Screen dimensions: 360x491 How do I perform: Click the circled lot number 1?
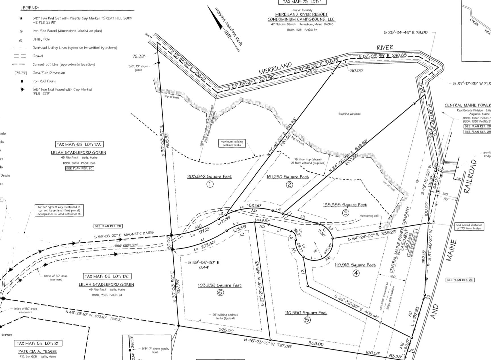pyautogui.click(x=210, y=184)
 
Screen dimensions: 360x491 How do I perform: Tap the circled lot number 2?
pyautogui.click(x=289, y=185)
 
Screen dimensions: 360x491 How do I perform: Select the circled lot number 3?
pyautogui.click(x=346, y=213)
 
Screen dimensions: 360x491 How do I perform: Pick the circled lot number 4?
pyautogui.click(x=356, y=273)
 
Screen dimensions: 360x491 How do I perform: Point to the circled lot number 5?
pyautogui.click(x=307, y=320)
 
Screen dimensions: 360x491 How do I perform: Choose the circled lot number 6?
pyautogui.click(x=220, y=292)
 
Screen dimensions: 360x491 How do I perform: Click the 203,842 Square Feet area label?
pyautogui.click(x=209, y=177)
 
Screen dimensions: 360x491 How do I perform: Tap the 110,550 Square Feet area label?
pyautogui.click(x=306, y=313)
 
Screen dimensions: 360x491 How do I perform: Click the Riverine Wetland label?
pyautogui.click(x=349, y=114)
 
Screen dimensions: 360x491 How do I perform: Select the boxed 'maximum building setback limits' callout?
pyautogui.click(x=232, y=143)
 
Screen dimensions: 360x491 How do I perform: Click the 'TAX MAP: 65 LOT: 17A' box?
pyautogui.click(x=78, y=144)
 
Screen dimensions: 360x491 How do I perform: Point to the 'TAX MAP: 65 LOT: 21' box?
pyautogui.click(x=38, y=344)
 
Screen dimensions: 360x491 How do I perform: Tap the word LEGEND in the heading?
pyautogui.click(x=30, y=8)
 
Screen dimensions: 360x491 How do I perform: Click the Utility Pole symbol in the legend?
pyautogui.click(x=21, y=40)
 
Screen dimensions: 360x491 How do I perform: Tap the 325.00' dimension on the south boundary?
pyautogui.click(x=226, y=330)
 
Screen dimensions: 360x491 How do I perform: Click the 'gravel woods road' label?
pyautogui.click(x=126, y=245)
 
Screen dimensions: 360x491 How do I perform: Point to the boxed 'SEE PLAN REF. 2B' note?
pyautogui.click(x=108, y=226)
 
